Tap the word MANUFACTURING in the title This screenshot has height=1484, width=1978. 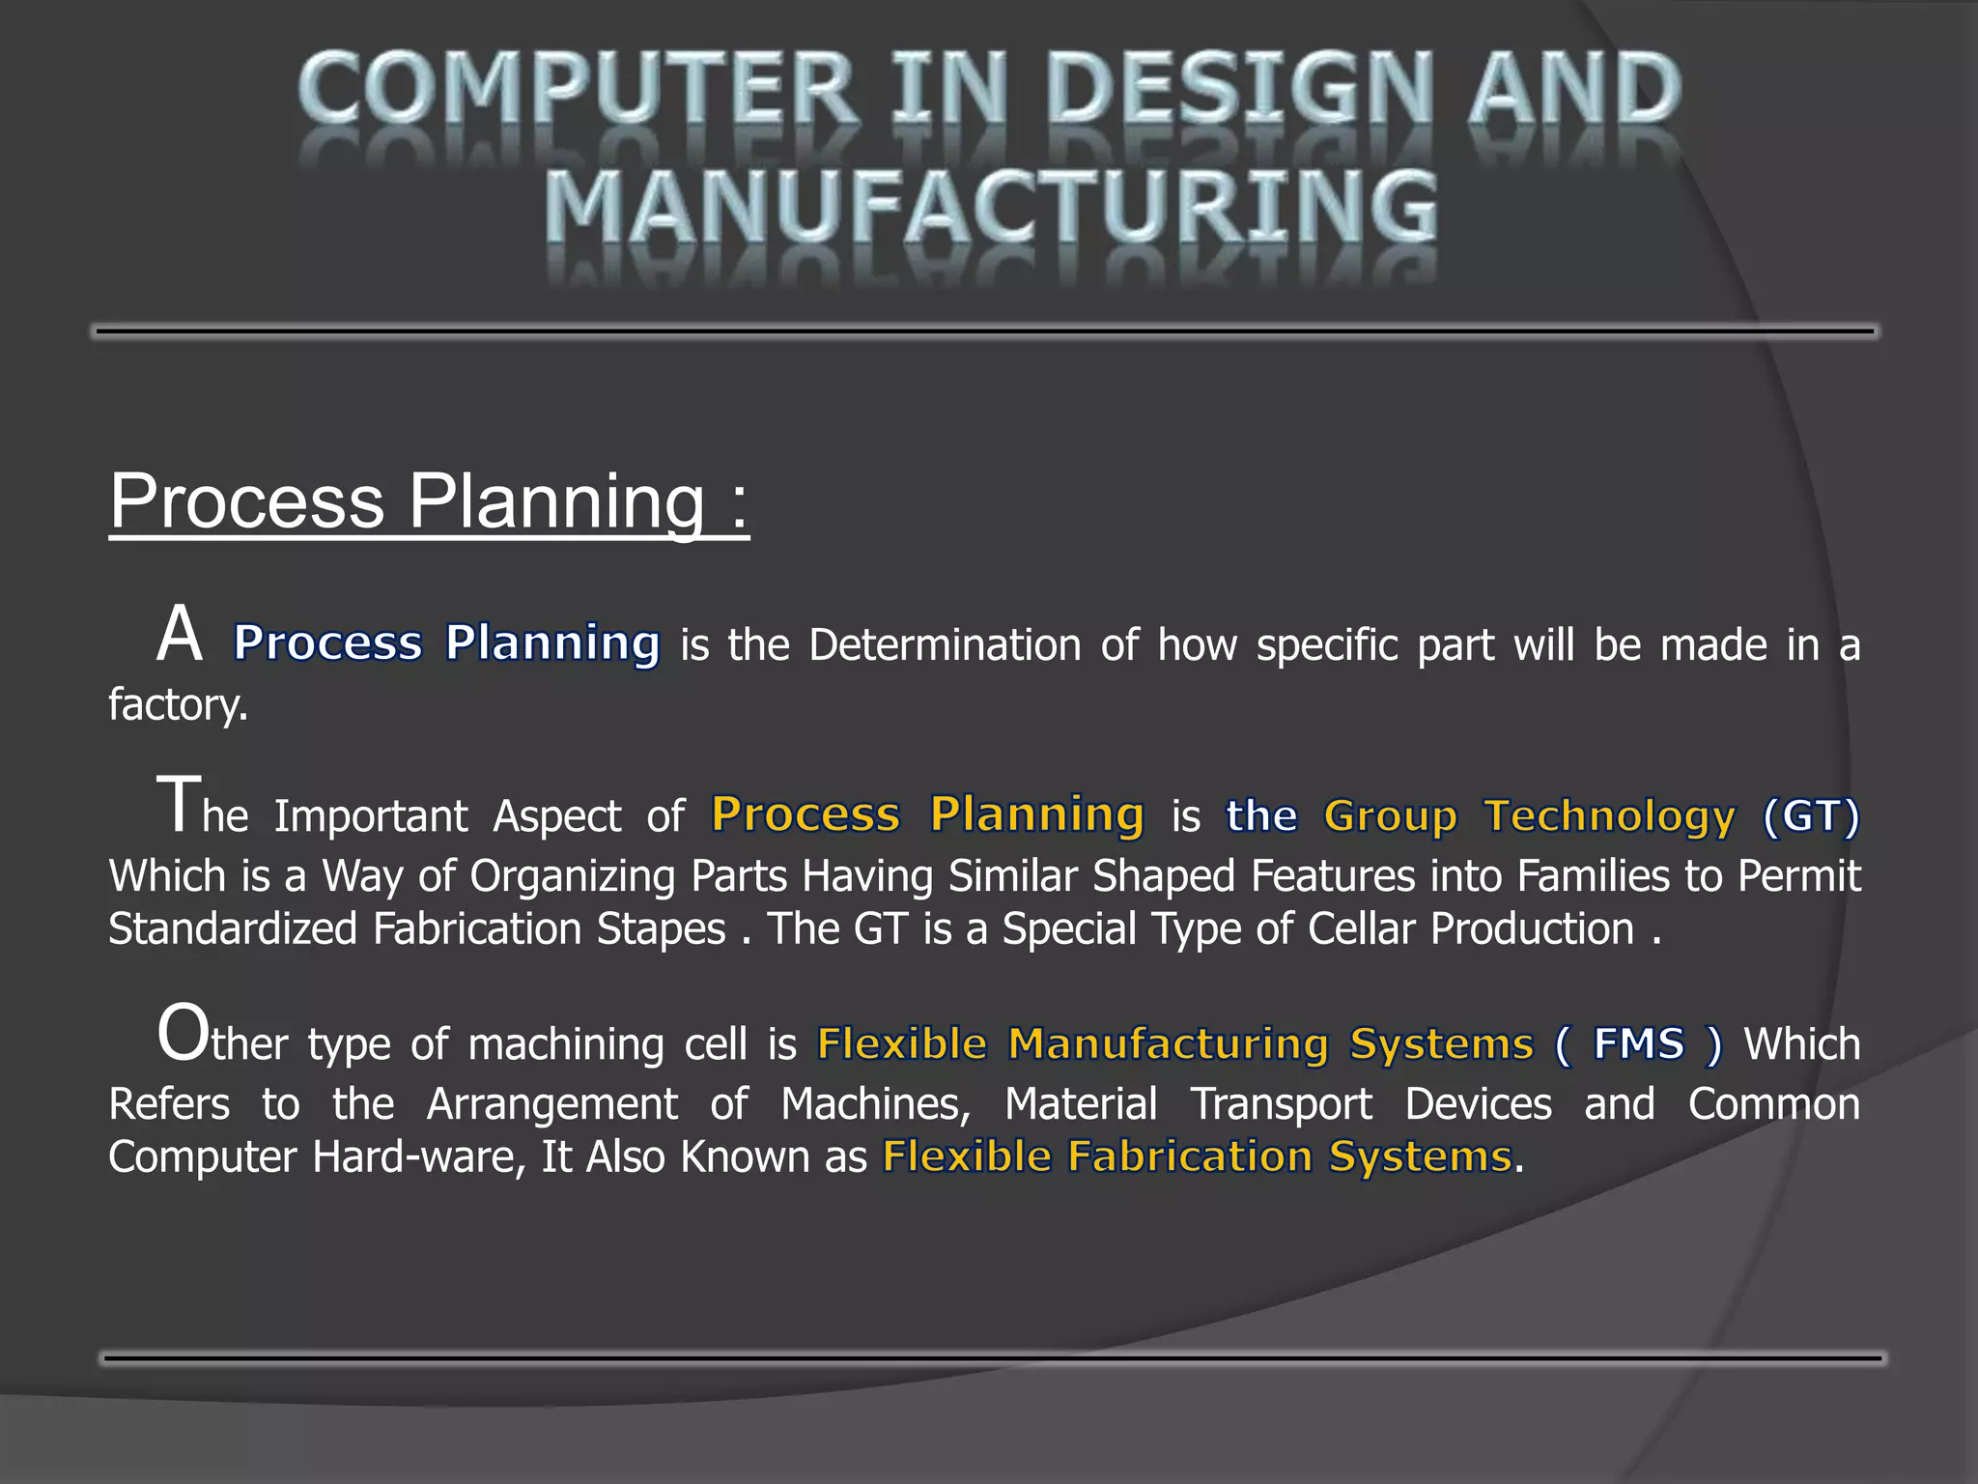(x=990, y=207)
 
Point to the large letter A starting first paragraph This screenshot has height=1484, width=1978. (x=180, y=635)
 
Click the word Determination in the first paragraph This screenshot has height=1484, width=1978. (x=944, y=644)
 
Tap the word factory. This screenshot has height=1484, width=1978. (x=178, y=704)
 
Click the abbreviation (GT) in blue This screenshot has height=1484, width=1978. (x=1810, y=816)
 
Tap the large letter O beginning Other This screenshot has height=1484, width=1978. (x=183, y=1034)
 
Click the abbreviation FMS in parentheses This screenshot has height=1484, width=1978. (x=1638, y=1043)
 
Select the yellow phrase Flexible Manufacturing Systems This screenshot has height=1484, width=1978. (x=1174, y=1043)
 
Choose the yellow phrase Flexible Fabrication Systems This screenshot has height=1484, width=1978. (x=1197, y=1156)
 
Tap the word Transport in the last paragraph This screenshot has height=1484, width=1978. (x=1280, y=1104)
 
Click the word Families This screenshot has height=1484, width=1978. (x=1593, y=876)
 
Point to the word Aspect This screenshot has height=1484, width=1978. (x=556, y=816)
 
